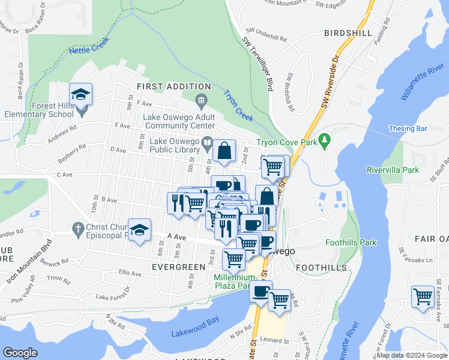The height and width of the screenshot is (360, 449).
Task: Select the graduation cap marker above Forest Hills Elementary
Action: point(80,95)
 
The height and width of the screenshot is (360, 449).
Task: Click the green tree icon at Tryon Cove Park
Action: point(325,140)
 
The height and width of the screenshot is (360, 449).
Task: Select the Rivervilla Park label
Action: point(393,170)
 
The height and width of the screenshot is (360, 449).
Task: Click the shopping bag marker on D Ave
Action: point(224,151)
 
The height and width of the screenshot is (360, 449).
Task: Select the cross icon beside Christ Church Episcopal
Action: point(77,228)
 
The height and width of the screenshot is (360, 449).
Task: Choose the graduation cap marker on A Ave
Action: point(139,230)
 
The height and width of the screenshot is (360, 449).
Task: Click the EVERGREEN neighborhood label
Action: point(178,266)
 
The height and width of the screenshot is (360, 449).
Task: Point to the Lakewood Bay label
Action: point(191,333)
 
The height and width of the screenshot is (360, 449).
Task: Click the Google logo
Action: point(20,353)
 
